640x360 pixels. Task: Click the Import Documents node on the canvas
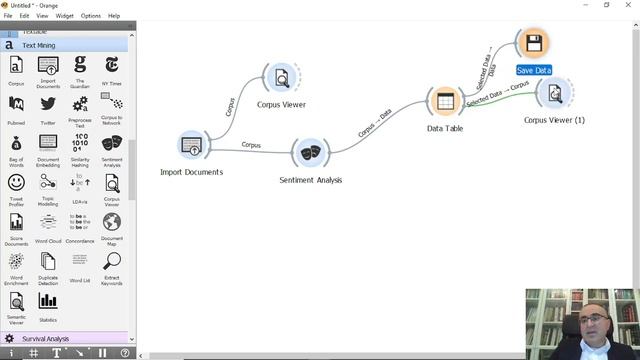click(x=191, y=146)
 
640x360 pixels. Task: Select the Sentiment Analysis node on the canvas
click(x=310, y=153)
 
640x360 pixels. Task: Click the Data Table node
click(x=444, y=101)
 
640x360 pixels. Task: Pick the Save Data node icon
click(x=533, y=44)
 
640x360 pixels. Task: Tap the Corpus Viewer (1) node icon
click(x=553, y=94)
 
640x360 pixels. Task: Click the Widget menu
click(x=64, y=16)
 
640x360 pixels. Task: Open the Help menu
click(x=114, y=16)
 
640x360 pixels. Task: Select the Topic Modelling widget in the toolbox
click(x=48, y=184)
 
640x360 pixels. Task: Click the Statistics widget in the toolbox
click(x=48, y=303)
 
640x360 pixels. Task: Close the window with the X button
click(x=630, y=5)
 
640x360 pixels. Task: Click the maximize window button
click(x=606, y=5)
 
